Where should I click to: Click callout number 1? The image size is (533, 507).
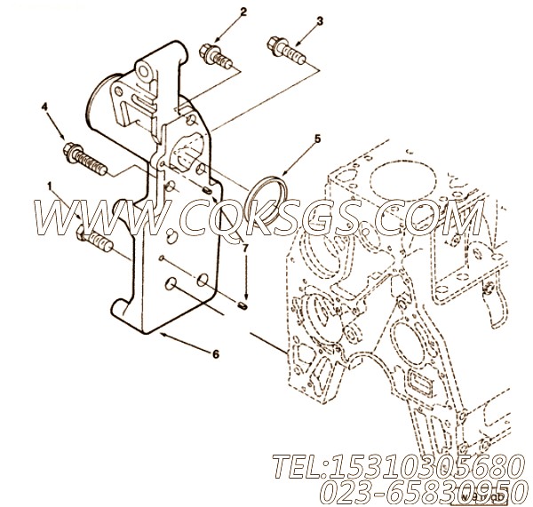coord(50,188)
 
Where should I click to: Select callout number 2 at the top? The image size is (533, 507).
coord(217,13)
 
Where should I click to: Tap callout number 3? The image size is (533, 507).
coord(320,20)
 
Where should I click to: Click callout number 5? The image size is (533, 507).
coord(316,139)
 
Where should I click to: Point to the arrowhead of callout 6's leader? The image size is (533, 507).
coord(160,333)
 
